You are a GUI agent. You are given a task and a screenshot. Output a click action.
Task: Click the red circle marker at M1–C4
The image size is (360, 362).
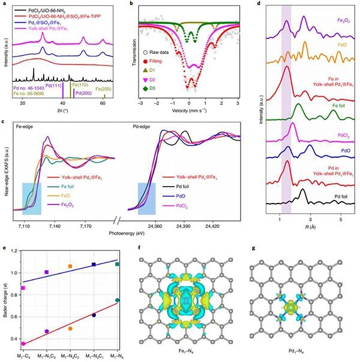click(x=23, y=343)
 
